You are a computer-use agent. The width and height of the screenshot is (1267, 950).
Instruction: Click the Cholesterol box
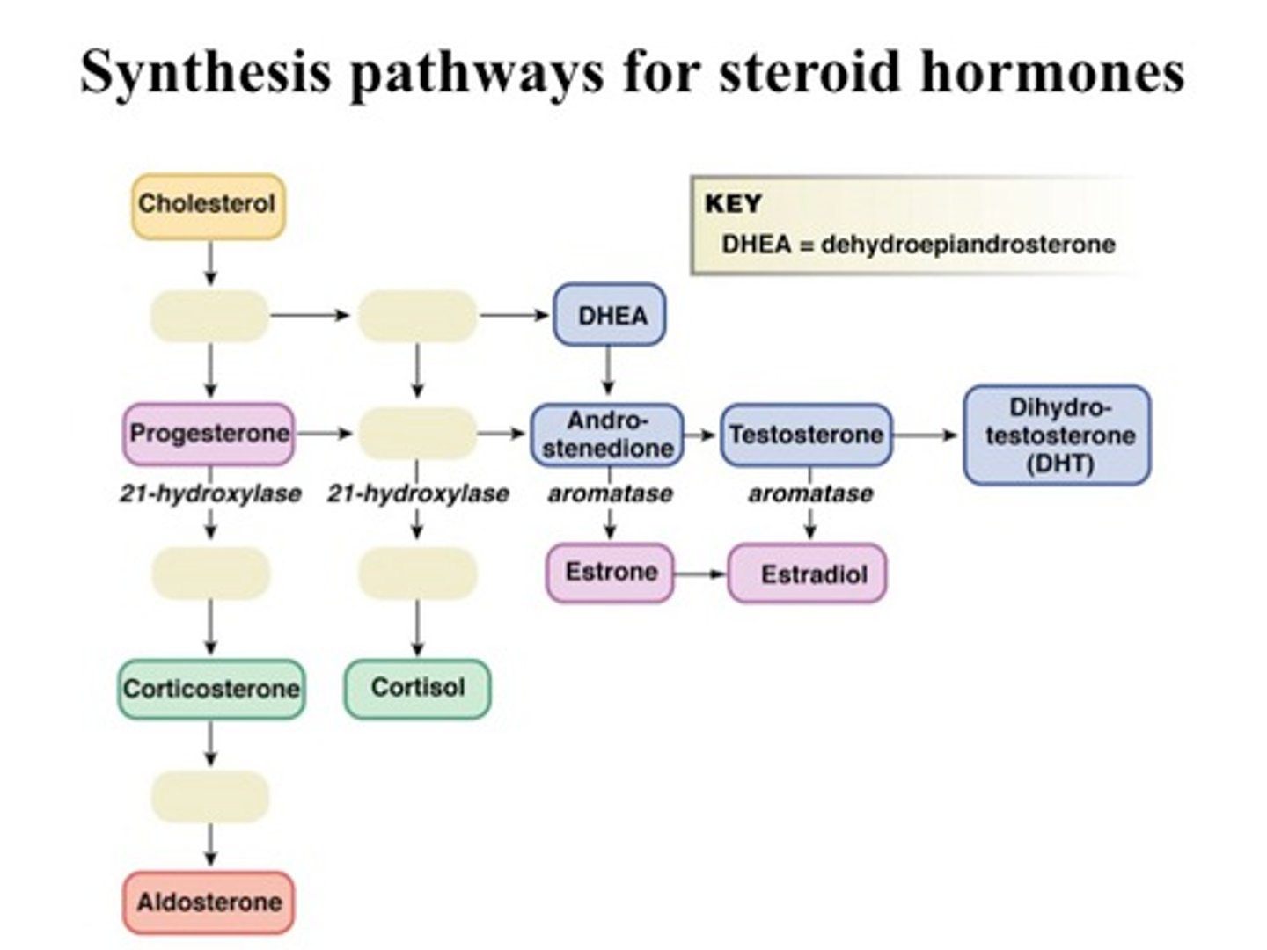tap(209, 206)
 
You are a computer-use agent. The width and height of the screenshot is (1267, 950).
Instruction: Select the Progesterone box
tap(209, 434)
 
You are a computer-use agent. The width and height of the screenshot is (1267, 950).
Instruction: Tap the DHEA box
tap(609, 315)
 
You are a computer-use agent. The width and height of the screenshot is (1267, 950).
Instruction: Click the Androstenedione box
tap(607, 435)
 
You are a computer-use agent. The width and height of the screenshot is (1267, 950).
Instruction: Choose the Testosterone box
tap(806, 435)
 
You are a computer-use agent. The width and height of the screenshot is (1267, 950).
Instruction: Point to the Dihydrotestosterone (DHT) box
tap(1058, 435)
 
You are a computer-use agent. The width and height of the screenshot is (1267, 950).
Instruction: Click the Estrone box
tap(610, 573)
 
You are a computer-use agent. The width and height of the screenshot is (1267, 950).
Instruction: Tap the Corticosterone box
tap(211, 688)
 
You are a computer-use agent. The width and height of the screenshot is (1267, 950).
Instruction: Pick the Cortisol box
tap(417, 688)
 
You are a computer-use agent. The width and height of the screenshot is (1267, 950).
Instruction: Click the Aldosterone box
tap(209, 902)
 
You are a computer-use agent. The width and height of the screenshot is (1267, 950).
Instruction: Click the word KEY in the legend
tap(733, 204)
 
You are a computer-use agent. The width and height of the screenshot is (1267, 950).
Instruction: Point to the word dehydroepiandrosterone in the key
tap(967, 245)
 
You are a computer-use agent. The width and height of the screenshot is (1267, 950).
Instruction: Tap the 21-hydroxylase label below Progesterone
tap(210, 493)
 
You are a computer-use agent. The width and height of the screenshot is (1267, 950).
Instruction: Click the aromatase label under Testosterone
tap(810, 493)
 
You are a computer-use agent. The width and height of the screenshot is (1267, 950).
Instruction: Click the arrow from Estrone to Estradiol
tap(700, 574)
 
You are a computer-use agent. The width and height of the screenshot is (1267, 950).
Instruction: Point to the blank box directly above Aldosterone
tap(209, 796)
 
